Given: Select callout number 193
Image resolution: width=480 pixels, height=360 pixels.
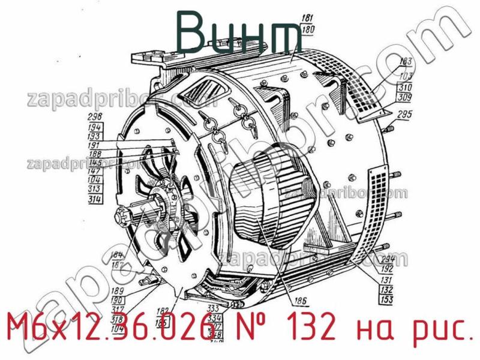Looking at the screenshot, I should (x=95, y=136).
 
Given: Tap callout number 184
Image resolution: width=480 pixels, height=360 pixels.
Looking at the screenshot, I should (x=118, y=254).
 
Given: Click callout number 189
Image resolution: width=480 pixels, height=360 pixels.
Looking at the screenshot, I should (x=118, y=290).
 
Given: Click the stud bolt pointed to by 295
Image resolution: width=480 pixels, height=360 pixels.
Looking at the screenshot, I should (x=388, y=128).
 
